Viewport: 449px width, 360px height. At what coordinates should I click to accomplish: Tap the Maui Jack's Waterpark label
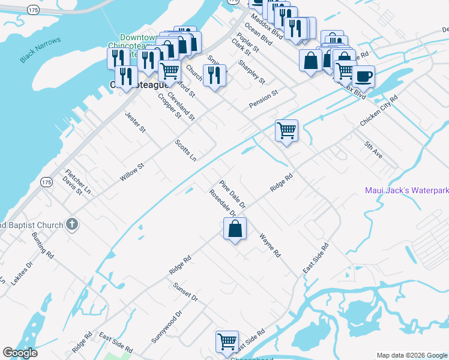407,191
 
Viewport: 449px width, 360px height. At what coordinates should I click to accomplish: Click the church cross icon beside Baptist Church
71,225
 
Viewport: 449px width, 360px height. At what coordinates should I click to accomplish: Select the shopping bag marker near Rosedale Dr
235,229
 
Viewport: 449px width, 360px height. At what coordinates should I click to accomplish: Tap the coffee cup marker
363,77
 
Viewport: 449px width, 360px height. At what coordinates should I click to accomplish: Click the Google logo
20,353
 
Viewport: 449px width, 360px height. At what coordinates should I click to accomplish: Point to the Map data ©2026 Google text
412,355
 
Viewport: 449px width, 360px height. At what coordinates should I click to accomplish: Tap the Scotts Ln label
185,151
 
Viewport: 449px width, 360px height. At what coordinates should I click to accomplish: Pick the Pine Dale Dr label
233,194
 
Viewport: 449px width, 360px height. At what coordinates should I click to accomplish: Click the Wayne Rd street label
270,245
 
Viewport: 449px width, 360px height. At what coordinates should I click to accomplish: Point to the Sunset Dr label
185,293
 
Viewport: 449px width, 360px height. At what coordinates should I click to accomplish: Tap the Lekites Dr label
20,272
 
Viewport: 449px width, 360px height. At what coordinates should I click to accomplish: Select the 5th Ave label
373,149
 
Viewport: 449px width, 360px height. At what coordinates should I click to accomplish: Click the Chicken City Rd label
378,110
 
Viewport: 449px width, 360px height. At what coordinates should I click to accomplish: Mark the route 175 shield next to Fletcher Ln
46,181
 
